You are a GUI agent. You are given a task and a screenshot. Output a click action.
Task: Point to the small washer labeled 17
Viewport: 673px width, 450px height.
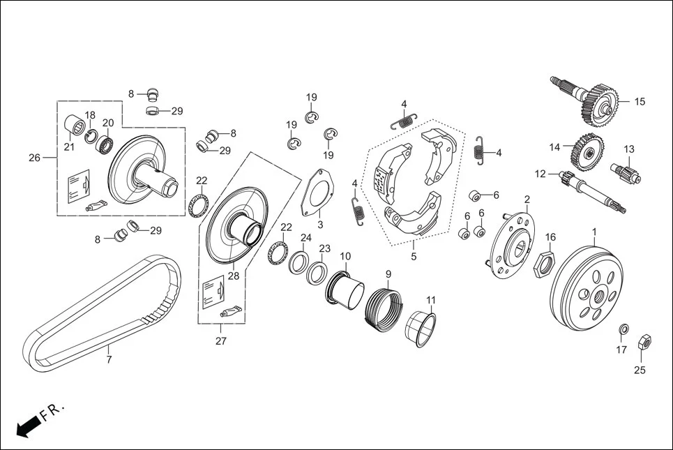(x=623, y=330)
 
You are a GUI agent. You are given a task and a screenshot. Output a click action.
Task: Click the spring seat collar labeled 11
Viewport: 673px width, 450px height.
(x=421, y=328)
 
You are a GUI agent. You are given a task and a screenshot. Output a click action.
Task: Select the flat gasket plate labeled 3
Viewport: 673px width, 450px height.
(x=317, y=193)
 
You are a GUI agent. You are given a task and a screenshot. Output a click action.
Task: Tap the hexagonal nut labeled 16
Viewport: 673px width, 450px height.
(x=544, y=263)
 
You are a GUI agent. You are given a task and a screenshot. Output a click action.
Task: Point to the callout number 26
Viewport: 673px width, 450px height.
(x=34, y=158)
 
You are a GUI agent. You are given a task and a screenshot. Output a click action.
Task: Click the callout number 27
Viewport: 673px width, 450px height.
(x=220, y=341)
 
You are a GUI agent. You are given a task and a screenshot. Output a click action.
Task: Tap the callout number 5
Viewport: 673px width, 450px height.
(x=414, y=257)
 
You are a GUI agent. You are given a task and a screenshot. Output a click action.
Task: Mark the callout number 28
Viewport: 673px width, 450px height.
(x=233, y=276)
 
